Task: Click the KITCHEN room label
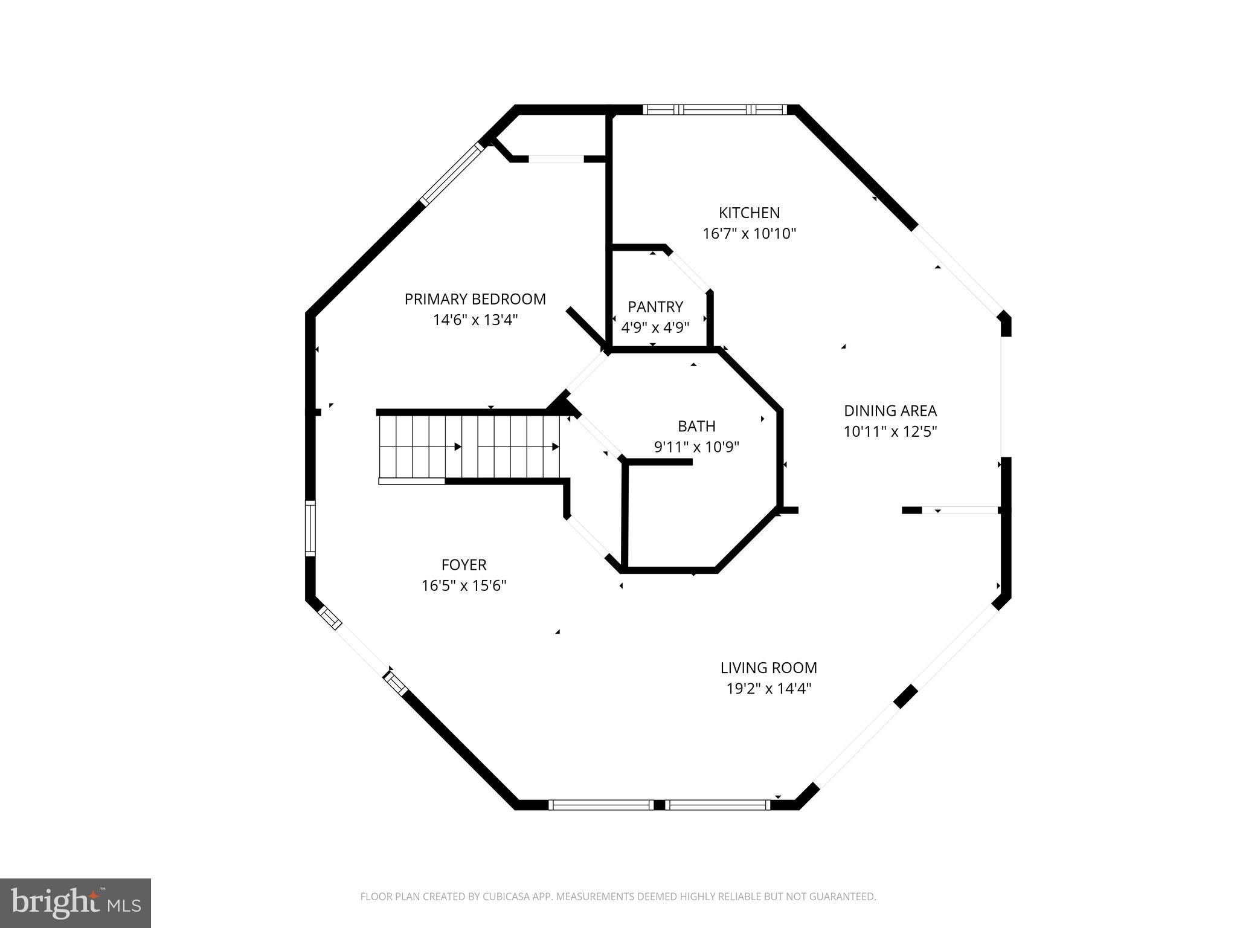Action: click(749, 213)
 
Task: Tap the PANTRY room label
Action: click(655, 306)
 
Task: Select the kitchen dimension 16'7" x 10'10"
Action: click(749, 233)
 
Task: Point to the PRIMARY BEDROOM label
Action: click(475, 299)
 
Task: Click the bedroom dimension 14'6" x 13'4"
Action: click(475, 320)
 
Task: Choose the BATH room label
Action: click(696, 426)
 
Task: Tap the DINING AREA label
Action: click(890, 411)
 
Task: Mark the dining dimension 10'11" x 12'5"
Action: click(890, 431)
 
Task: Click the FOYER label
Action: click(463, 565)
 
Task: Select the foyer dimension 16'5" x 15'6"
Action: click(463, 585)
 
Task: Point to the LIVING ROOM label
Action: click(768, 668)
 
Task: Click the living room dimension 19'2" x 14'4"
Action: click(768, 688)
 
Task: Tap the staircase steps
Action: click(469, 447)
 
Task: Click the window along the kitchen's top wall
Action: click(715, 109)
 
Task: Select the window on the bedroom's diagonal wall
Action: click(452, 173)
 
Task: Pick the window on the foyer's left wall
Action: click(310, 528)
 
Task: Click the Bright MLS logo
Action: click(75, 903)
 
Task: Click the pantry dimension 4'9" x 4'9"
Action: click(655, 327)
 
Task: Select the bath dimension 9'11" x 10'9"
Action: click(696, 447)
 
